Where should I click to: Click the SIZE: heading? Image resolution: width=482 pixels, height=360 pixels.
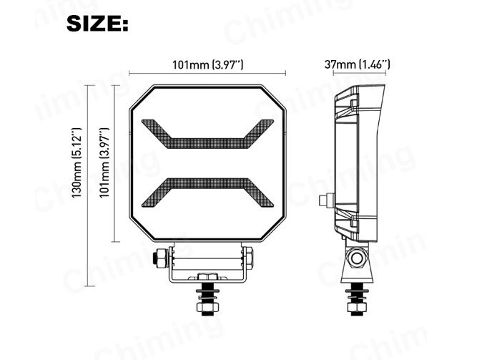[x=97, y=24]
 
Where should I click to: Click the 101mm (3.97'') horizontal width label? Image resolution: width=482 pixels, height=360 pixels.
[x=208, y=64]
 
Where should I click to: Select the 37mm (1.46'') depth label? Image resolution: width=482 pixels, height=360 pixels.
[x=357, y=64]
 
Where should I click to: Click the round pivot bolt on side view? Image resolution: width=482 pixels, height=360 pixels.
[x=355, y=256]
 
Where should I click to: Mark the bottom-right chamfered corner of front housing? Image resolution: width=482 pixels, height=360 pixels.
[x=275, y=229]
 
